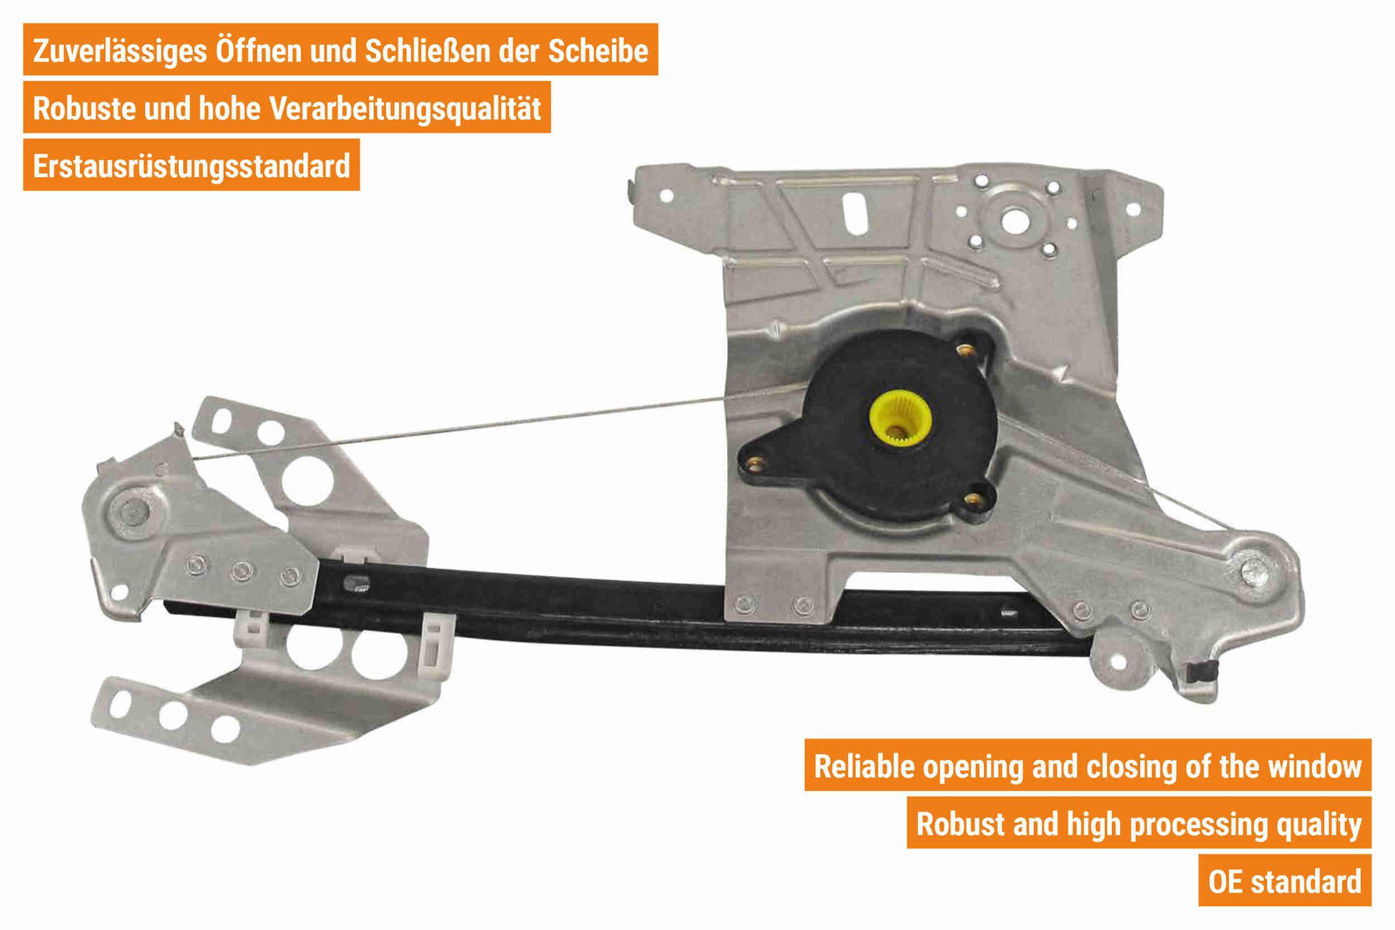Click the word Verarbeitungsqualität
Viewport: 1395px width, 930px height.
click(x=405, y=109)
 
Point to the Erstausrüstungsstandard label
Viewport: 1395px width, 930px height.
click(x=191, y=166)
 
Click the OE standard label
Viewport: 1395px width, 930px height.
click(x=1284, y=881)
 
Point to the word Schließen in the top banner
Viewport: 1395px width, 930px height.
click(x=428, y=51)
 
